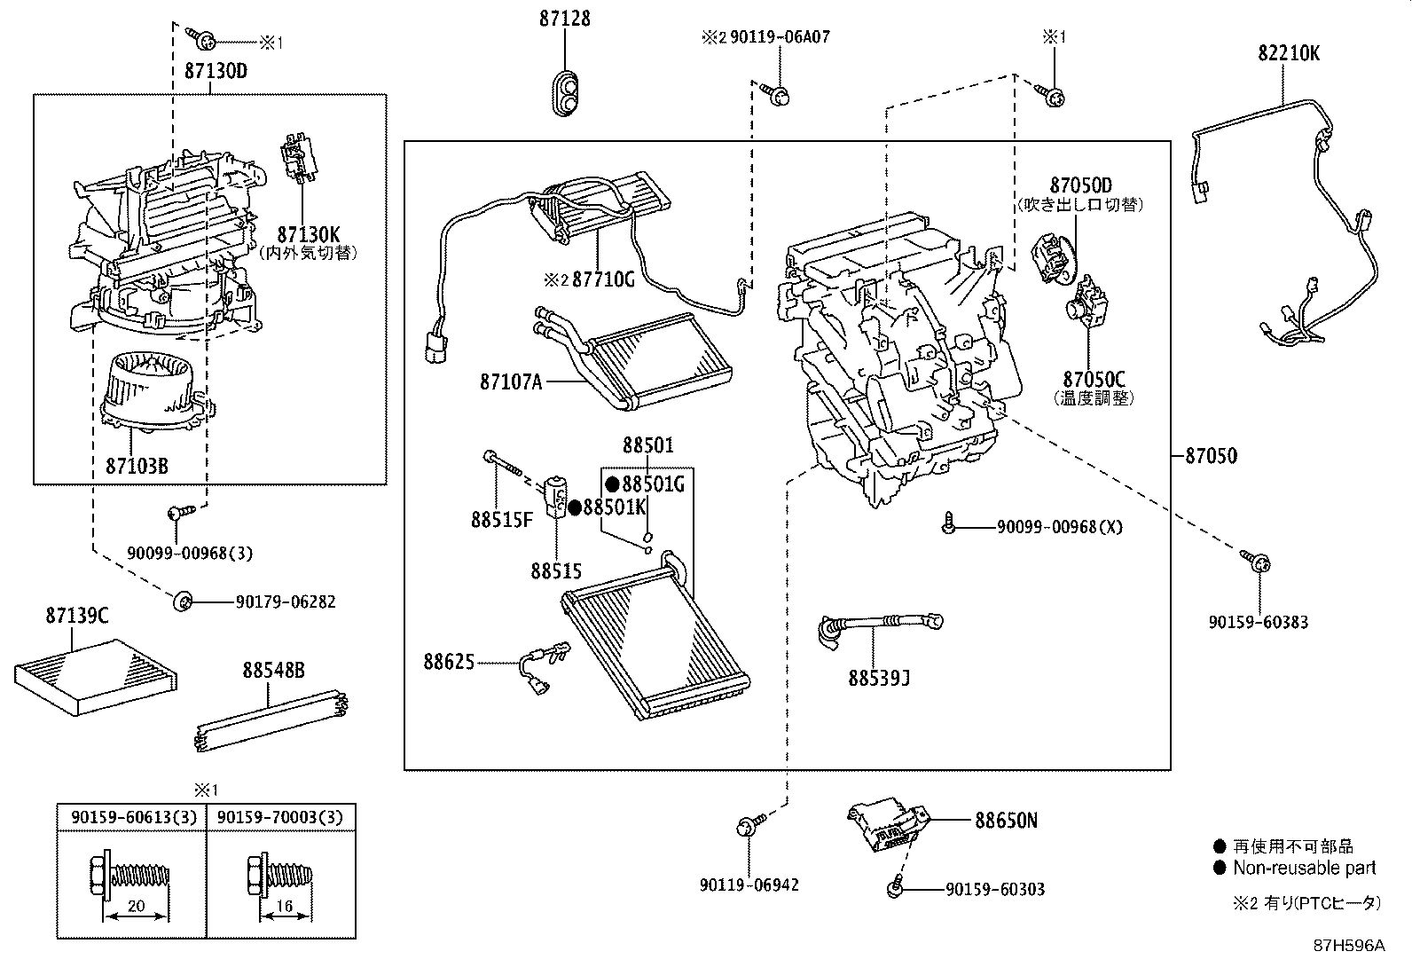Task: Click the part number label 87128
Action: (x=564, y=18)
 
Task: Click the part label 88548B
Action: (x=273, y=671)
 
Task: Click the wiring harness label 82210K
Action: (x=1288, y=53)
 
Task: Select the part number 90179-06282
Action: (x=286, y=602)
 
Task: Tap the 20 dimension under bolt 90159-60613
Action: (x=136, y=906)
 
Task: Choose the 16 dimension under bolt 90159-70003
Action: (x=285, y=906)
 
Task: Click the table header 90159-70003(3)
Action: (x=280, y=817)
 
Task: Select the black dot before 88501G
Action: (x=612, y=484)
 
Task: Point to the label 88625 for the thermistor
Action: (x=449, y=662)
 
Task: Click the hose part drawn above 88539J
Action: (x=880, y=625)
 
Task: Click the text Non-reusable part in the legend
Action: (x=1304, y=868)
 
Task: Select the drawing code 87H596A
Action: (x=1348, y=946)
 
